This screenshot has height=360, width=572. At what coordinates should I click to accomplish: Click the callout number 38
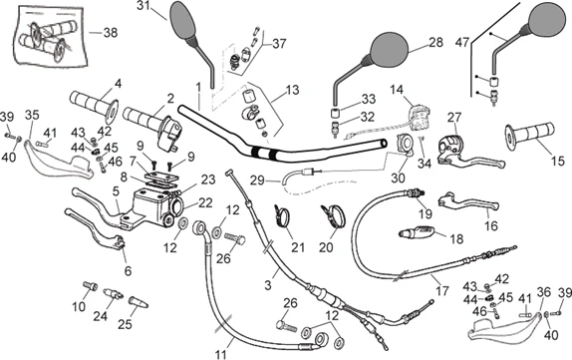tap(111, 33)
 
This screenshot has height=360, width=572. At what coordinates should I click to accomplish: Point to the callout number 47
tap(462, 43)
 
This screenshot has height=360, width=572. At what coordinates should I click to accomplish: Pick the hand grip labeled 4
tap(94, 105)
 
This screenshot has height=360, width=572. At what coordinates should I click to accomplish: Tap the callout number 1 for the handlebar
tap(198, 87)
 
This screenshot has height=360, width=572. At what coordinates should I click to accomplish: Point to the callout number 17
tap(442, 291)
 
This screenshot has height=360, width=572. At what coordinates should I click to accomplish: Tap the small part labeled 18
tap(417, 231)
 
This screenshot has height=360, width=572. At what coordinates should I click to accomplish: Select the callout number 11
tap(220, 354)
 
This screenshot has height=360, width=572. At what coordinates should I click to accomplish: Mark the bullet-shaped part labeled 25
tap(139, 303)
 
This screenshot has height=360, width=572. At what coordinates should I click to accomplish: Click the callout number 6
tap(128, 271)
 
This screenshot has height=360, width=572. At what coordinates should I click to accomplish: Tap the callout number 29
tap(257, 180)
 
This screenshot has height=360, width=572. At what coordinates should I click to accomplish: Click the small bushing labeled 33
tap(335, 113)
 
